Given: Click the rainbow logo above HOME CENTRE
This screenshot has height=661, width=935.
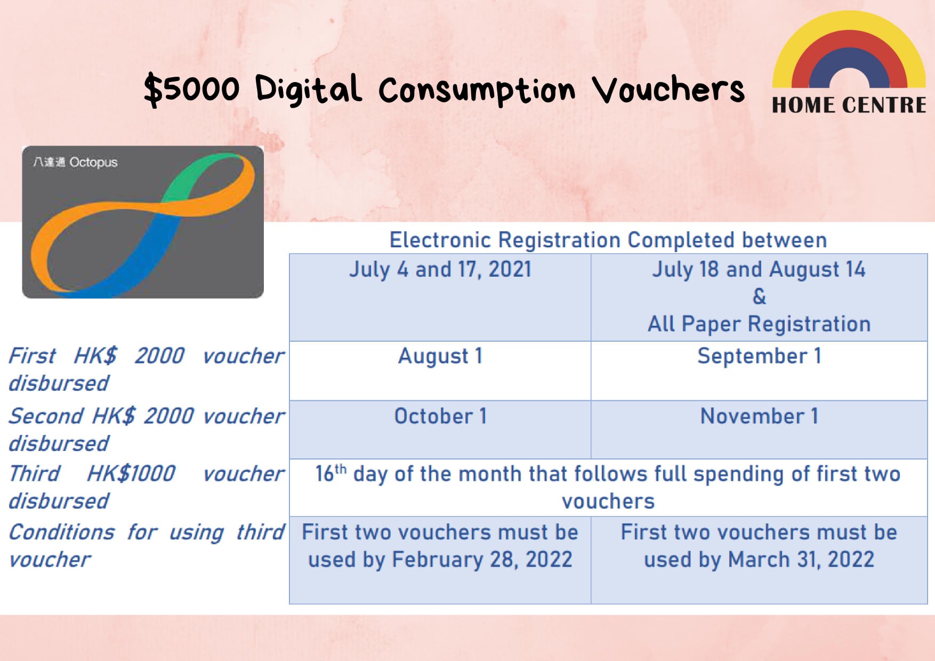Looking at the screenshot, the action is pyautogui.click(x=849, y=32).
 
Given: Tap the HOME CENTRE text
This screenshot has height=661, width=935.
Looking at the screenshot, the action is pyautogui.click(x=849, y=105).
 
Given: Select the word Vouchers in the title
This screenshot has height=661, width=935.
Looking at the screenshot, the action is pyautogui.click(x=669, y=90).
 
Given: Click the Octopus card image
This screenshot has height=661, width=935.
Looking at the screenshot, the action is pyautogui.click(x=143, y=222).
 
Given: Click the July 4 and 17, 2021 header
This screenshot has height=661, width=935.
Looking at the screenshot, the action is pyautogui.click(x=440, y=269).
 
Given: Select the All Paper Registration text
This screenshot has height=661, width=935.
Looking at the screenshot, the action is pyautogui.click(x=759, y=324).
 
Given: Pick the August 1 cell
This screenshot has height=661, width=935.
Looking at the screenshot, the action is pyautogui.click(x=440, y=356).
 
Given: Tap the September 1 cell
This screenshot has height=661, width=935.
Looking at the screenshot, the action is pyautogui.click(x=759, y=356).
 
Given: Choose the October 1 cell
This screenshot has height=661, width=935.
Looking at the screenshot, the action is pyautogui.click(x=440, y=416).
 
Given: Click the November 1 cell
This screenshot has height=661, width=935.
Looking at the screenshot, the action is pyautogui.click(x=759, y=416).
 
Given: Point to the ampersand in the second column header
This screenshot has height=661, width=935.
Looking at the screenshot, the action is pyautogui.click(x=759, y=296).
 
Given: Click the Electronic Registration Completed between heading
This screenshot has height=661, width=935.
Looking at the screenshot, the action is pyautogui.click(x=608, y=240).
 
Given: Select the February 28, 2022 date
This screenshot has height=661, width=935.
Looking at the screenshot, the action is pyautogui.click(x=482, y=560).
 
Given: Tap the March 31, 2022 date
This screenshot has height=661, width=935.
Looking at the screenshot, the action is pyautogui.click(x=801, y=560).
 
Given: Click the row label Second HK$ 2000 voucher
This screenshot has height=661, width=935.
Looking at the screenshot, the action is pyautogui.click(x=147, y=416).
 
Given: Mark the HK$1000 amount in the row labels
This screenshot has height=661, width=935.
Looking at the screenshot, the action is pyautogui.click(x=131, y=473).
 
